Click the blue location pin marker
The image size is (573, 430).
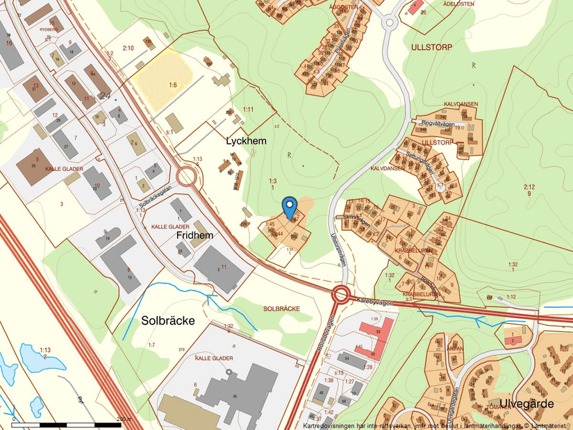pos(290,206)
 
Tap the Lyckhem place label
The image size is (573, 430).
pos(246,140)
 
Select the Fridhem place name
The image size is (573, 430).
pos(194,235)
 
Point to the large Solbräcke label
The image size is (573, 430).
pos(167,321)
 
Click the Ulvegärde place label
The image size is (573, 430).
pos(530,404)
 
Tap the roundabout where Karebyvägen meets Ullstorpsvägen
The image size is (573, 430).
pos(340,295)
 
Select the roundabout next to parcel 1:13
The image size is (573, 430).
pos(186,176)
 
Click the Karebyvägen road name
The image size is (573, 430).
pos(375,303)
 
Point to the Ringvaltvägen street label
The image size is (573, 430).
pos(438,124)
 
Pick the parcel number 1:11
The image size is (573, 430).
pos(249,110)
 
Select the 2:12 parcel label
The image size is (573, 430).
pos(529,186)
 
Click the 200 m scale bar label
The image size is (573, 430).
pos(124,419)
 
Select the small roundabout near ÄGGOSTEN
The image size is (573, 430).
pos(388,23)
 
